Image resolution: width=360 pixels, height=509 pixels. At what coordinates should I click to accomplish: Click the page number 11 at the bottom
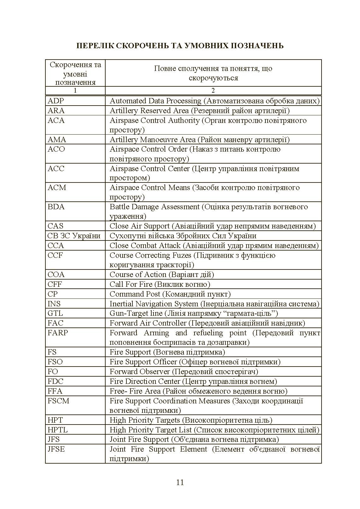point(180,483)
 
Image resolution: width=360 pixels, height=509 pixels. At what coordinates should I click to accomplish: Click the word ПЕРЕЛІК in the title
point(93,46)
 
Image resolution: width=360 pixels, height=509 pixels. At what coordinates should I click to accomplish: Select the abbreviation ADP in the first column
point(56,101)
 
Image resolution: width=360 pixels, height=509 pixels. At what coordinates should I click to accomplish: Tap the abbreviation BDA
point(56,207)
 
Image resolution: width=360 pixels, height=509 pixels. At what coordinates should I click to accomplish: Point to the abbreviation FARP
point(58,333)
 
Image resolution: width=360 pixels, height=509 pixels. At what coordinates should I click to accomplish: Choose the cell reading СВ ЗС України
point(74,236)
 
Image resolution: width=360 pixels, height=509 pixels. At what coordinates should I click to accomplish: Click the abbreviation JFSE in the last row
point(56,449)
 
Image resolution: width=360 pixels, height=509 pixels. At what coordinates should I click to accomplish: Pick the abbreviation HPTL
point(58,430)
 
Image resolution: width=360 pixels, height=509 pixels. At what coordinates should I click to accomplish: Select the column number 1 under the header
point(75,91)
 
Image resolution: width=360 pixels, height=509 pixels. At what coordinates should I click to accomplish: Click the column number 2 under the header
point(213,91)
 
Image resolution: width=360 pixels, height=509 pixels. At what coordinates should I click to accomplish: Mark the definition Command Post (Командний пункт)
point(170,294)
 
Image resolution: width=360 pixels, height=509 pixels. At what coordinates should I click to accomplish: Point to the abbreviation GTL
point(55,313)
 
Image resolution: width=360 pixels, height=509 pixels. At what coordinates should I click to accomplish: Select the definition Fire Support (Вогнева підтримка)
point(167,352)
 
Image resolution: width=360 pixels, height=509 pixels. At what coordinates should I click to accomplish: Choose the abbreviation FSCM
point(58,401)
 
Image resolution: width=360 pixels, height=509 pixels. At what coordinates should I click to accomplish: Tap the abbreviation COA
point(56,275)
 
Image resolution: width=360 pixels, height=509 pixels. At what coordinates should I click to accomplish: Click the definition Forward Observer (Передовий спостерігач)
point(184,372)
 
